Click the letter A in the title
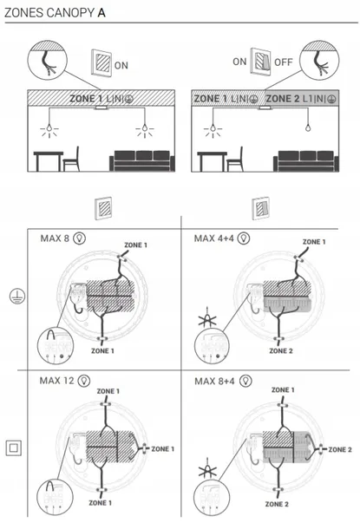101,13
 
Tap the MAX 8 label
55,238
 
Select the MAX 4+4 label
214,238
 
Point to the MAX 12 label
56,381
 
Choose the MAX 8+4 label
214,382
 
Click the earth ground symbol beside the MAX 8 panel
16,297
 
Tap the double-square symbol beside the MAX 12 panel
14,448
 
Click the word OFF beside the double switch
283,62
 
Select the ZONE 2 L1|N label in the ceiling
295,99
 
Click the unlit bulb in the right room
308,127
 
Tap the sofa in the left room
142,160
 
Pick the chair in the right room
235,160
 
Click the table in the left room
49,161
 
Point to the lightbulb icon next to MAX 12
84,381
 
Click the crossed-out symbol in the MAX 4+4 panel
207,318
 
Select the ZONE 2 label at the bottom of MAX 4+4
281,351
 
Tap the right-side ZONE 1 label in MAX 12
162,449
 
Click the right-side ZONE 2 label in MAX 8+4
340,450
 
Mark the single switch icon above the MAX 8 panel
103,208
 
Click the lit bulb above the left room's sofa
145,128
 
